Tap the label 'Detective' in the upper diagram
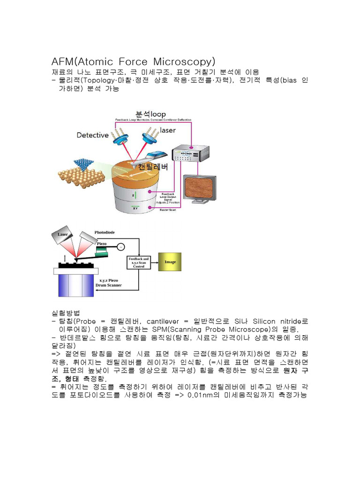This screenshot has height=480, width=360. [x=93, y=135]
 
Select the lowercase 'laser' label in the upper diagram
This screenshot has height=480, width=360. [x=168, y=130]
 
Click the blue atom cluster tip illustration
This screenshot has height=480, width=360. [x=83, y=165]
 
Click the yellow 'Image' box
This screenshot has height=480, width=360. [x=170, y=262]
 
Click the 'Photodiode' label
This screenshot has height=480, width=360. [x=105, y=232]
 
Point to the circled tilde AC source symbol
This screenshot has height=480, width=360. [x=121, y=247]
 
